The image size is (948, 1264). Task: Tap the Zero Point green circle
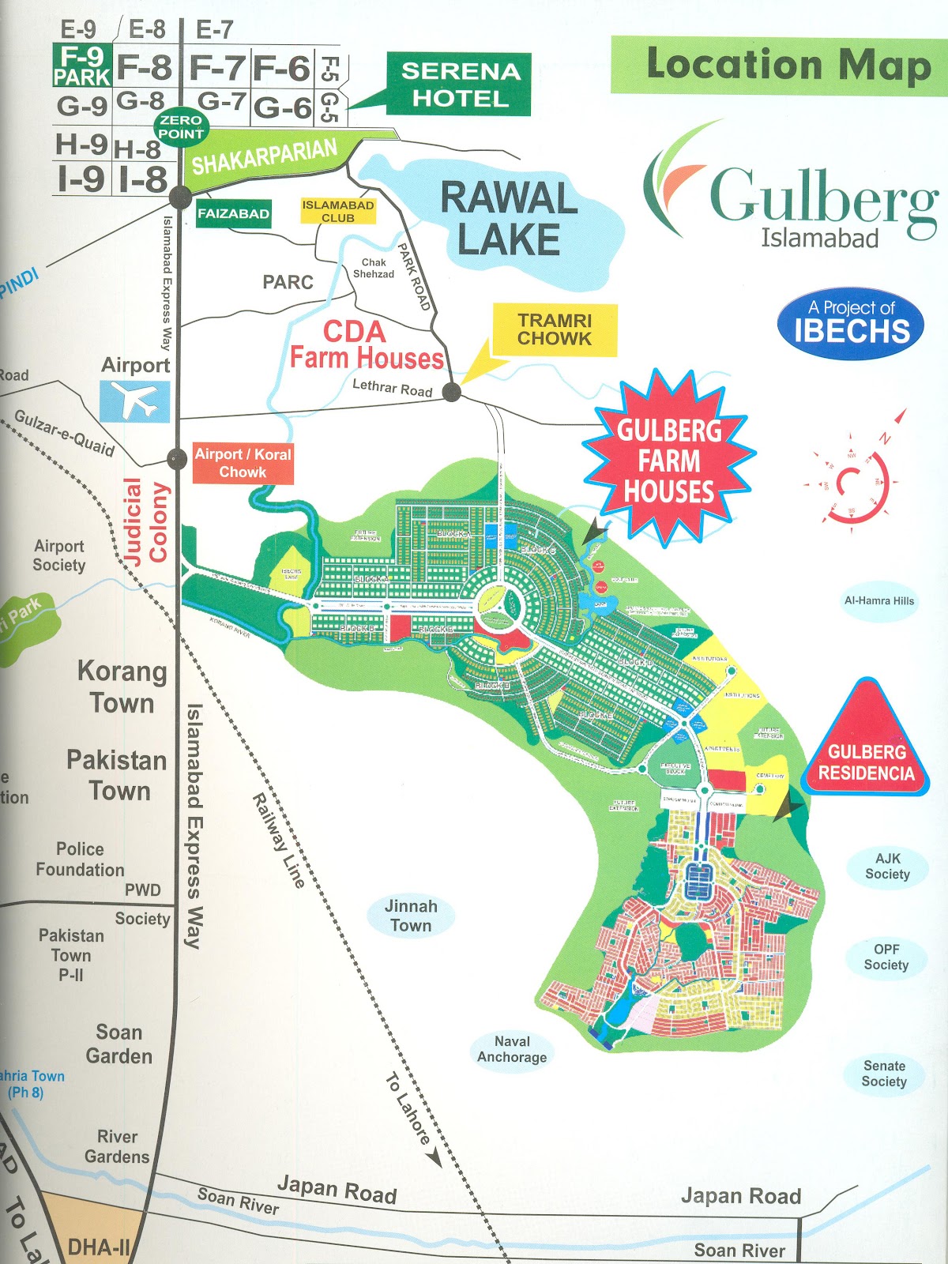(x=181, y=126)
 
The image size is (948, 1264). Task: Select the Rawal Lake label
(x=510, y=219)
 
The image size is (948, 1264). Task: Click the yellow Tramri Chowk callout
(x=555, y=329)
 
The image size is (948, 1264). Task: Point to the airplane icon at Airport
(x=134, y=401)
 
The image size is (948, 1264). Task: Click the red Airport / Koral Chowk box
(x=243, y=463)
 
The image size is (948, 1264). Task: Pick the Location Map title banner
(x=778, y=65)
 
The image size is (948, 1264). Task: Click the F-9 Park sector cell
(x=81, y=66)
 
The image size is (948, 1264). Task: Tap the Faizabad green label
(x=233, y=213)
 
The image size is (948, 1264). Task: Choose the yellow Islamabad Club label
(x=337, y=211)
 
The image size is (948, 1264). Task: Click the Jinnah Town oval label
(x=411, y=916)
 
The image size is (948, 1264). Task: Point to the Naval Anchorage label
(x=512, y=1049)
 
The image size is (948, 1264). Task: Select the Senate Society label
(x=884, y=1074)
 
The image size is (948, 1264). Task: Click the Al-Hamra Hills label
(x=878, y=600)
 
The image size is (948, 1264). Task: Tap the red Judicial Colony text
(x=146, y=521)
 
